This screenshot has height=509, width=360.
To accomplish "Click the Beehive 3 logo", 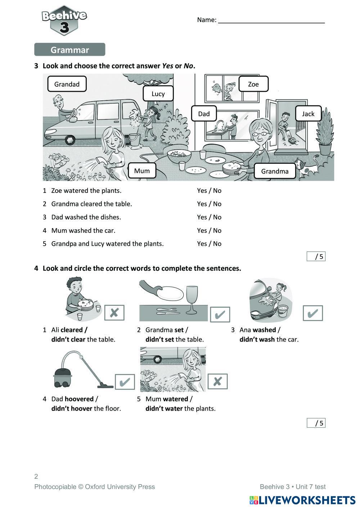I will (64, 21).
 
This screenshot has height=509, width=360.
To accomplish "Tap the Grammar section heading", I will (70, 50).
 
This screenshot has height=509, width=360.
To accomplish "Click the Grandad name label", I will (67, 84).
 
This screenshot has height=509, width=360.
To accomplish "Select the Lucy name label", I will (158, 94).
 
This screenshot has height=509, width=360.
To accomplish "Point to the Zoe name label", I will (253, 84).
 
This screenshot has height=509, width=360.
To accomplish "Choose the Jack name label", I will (308, 114).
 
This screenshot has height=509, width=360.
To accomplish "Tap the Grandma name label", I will (275, 171).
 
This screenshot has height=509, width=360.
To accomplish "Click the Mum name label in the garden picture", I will (142, 171).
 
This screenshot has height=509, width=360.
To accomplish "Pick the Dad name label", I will (204, 114).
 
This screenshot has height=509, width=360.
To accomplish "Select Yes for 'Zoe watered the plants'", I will (202, 190).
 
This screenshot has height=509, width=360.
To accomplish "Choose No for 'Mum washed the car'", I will (217, 230).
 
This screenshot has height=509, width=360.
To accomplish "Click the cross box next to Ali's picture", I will (114, 312).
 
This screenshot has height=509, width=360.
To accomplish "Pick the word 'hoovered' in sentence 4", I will (79, 399).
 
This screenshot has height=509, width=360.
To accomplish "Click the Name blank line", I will (271, 22).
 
